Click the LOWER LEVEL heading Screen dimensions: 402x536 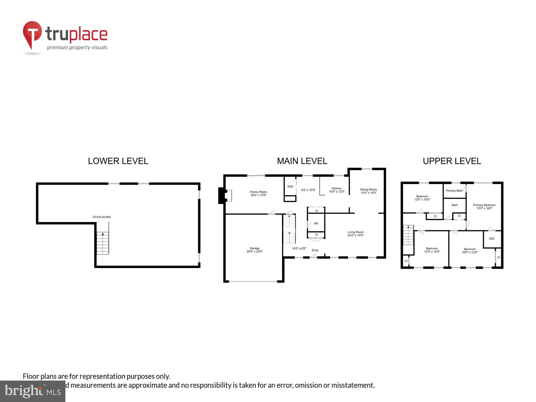tap(118, 161)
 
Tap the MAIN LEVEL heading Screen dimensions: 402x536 tap(302, 161)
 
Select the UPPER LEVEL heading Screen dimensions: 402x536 tap(452, 161)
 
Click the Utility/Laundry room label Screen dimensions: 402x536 tap(102, 217)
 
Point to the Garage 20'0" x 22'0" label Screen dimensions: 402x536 tap(255, 250)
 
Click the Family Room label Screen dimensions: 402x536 tap(258, 193)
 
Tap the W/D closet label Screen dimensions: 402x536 tap(290, 187)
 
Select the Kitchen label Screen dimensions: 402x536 tap(337, 190)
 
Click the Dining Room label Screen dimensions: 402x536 tap(368, 191)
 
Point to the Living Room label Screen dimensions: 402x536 tap(355, 234)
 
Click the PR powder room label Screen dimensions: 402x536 tap(316, 224)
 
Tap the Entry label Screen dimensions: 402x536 tap(315, 250)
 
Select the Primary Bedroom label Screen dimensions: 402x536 tap(484, 207)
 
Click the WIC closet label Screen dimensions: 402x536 tap(492, 239)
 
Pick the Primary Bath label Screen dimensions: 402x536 tap(454, 191)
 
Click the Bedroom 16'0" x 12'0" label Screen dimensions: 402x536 tap(470, 251)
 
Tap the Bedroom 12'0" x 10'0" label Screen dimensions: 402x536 tap(422, 198)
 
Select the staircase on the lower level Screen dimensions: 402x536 tap(103, 243)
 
